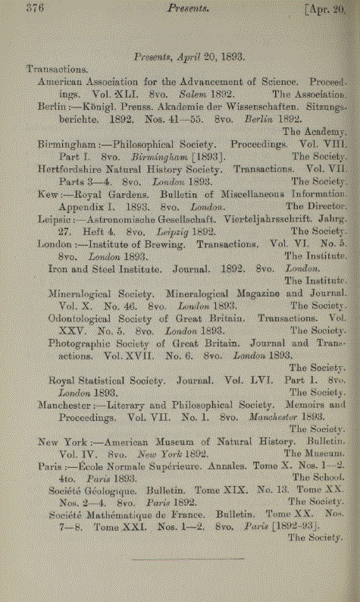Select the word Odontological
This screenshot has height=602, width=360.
(x=85, y=318)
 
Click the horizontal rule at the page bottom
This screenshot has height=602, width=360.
(x=188, y=559)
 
